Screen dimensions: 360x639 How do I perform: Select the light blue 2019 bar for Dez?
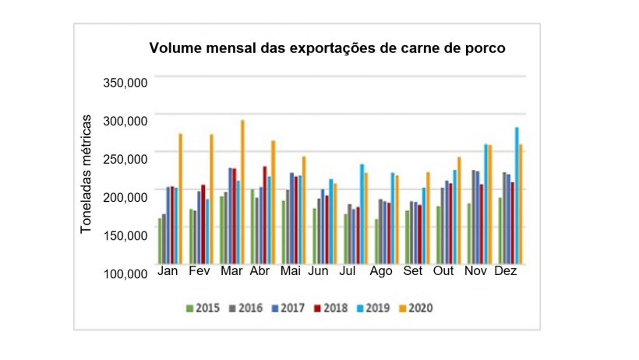click(517, 196)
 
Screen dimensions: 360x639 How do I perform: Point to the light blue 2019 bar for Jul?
click(362, 214)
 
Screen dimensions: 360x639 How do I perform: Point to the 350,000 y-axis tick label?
click(124, 83)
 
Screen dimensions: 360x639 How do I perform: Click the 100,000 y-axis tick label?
click(124, 274)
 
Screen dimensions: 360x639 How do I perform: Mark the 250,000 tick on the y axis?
click(124, 159)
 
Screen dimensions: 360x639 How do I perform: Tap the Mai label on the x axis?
click(291, 272)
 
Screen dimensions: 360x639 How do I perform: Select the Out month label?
click(443, 272)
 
